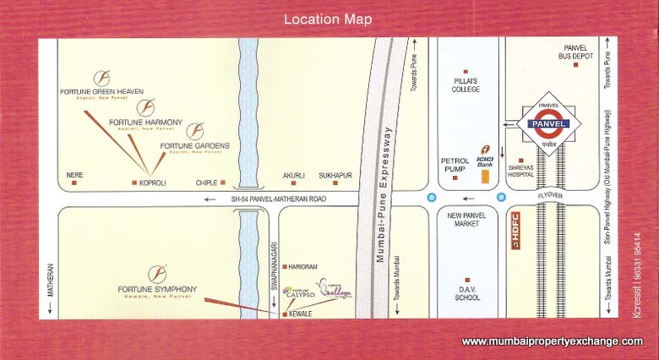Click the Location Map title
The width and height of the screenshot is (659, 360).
pyautogui.click(x=328, y=19)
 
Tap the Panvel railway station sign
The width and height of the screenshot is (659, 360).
pyautogui.click(x=550, y=123)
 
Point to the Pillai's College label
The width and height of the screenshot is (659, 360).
pyautogui.click(x=465, y=85)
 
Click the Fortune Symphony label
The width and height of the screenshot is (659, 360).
pyautogui.click(x=157, y=290)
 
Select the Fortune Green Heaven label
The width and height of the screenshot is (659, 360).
pyautogui.click(x=101, y=91)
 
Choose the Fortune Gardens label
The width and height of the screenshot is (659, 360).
pyautogui.click(x=194, y=145)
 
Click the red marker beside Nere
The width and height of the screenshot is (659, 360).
pyautogui.click(x=74, y=183)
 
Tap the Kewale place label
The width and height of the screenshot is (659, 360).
pyautogui.click(x=300, y=314)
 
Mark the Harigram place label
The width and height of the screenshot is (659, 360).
pyautogui.click(x=305, y=266)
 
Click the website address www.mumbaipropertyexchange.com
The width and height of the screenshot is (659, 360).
pyautogui.click(x=552, y=341)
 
